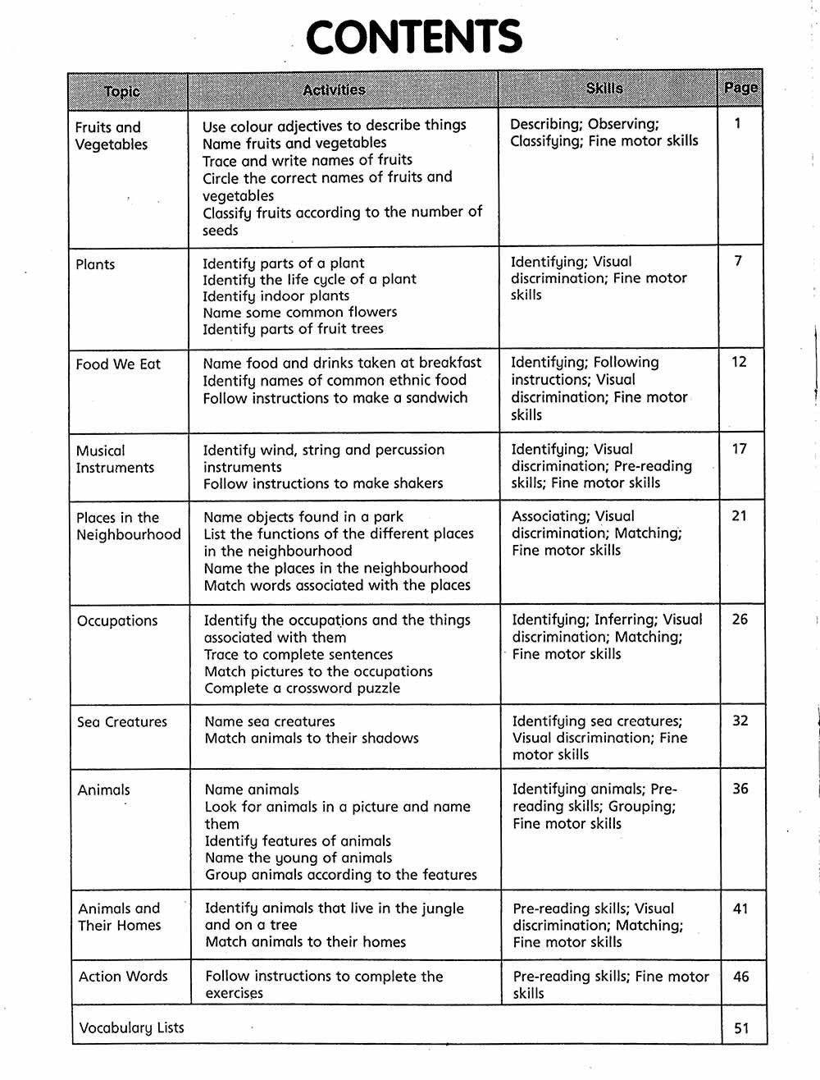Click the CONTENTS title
pyautogui.click(x=413, y=38)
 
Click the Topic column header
pyautogui.click(x=122, y=91)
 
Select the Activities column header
pyautogui.click(x=334, y=90)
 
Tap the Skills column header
pyautogui.click(x=604, y=89)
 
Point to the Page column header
pyautogui.click(x=740, y=87)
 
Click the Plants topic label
pyautogui.click(x=95, y=264)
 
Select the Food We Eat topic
pyautogui.click(x=118, y=364)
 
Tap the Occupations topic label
pyautogui.click(x=117, y=620)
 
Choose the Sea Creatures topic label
pyautogui.click(x=122, y=722)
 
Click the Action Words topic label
pyautogui.click(x=123, y=977)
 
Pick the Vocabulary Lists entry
pyautogui.click(x=131, y=1027)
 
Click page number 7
pyautogui.click(x=738, y=261)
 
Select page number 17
pyautogui.click(x=739, y=449)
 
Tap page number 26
pyautogui.click(x=740, y=620)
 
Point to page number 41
pyautogui.click(x=740, y=908)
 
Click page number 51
pyautogui.click(x=741, y=1027)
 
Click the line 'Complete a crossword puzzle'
pyautogui.click(x=303, y=689)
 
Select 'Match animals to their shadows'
pyautogui.click(x=312, y=739)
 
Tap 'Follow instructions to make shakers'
pyautogui.click(x=323, y=483)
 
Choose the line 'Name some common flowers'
pyautogui.click(x=300, y=312)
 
